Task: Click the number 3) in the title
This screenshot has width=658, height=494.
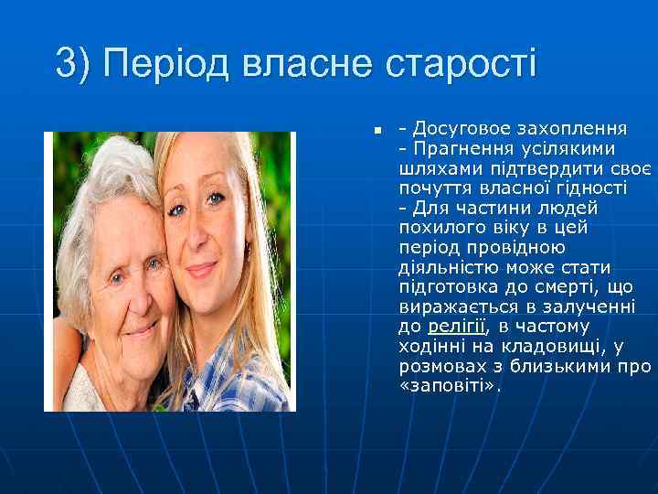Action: click(72, 64)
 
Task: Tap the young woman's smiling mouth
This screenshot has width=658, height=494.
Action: click(202, 269)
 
